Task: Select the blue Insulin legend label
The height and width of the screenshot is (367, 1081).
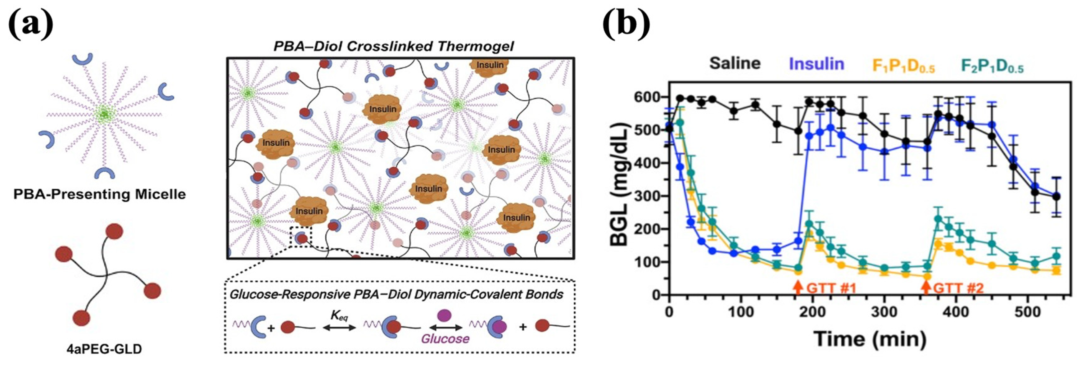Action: click(816, 64)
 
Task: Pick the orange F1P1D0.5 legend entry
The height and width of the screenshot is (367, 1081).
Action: click(903, 66)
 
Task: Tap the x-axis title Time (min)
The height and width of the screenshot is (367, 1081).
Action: click(870, 338)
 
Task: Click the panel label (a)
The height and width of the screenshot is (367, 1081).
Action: click(31, 24)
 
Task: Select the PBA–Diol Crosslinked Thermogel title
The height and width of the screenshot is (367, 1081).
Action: click(393, 46)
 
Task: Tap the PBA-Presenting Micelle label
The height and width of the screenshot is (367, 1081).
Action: click(99, 194)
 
